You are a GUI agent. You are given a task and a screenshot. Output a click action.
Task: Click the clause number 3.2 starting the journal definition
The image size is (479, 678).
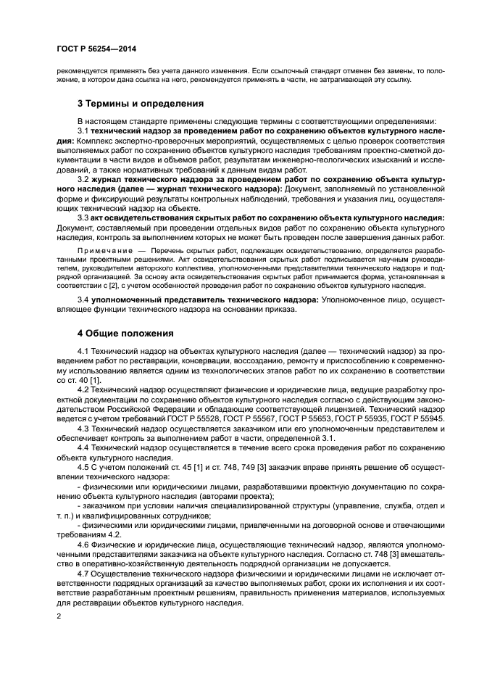tap(83, 177)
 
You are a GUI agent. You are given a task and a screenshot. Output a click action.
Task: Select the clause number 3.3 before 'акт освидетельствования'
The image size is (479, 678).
tap(83, 217)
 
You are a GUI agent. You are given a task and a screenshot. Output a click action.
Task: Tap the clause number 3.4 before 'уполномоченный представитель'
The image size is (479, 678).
tap(83, 299)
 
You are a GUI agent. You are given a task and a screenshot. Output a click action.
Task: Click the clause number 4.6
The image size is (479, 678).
tap(83, 533)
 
